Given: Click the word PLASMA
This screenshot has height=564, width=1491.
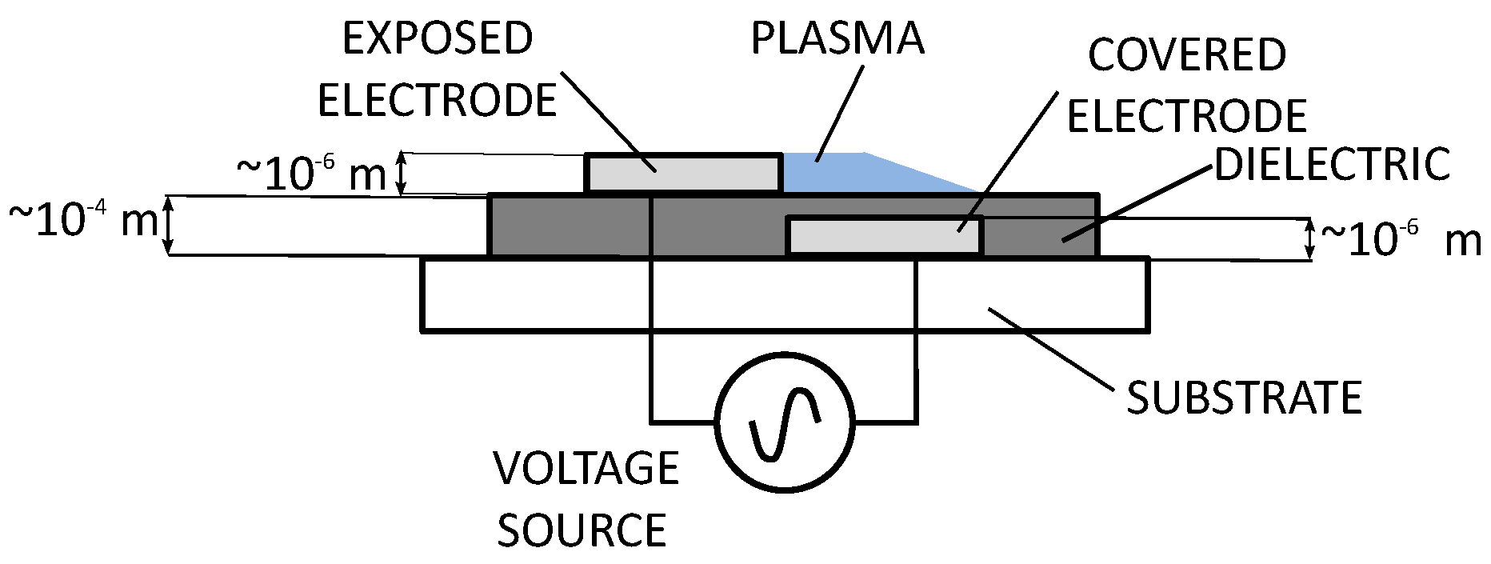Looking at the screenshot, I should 837,39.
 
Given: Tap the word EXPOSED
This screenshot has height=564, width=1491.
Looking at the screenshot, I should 438,39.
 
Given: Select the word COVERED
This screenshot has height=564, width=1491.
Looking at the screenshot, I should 1187,55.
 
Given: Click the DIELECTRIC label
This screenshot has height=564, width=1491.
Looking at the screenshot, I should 1333,165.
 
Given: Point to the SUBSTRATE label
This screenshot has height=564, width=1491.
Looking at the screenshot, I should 1244,398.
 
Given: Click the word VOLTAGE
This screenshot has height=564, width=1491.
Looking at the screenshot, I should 586,469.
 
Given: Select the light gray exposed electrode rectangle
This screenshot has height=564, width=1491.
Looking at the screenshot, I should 684,174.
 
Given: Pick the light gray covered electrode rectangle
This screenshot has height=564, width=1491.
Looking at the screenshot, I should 884,236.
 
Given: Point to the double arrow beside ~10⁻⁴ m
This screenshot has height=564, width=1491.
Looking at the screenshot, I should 169,226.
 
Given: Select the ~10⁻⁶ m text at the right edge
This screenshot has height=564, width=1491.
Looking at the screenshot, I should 1400,239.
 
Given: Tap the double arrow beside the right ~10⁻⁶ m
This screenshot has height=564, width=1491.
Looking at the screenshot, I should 1309,239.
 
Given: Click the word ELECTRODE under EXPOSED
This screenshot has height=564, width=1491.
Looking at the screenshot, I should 437,101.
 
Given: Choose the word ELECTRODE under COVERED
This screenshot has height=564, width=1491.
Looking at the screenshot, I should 1187,117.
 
